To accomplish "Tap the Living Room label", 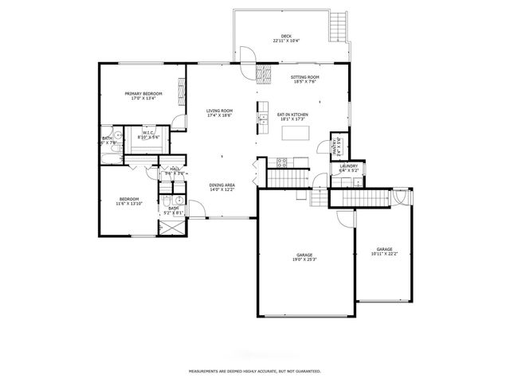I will click(x=219, y=113).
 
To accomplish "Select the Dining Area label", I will click(x=222, y=188).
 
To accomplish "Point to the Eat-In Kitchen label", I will click(x=292, y=116).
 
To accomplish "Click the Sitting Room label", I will click(x=304, y=80).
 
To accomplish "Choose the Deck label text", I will click(x=286, y=38).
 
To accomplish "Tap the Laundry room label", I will click(x=350, y=168).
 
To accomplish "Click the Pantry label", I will click(x=338, y=146).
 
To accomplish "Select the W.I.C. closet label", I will click(x=149, y=135).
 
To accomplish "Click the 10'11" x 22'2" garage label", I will click(x=384, y=251).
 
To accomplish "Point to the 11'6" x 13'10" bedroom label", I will click(x=129, y=201).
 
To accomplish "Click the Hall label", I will click(x=175, y=170).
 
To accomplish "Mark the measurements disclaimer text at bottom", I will click(x=254, y=371).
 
